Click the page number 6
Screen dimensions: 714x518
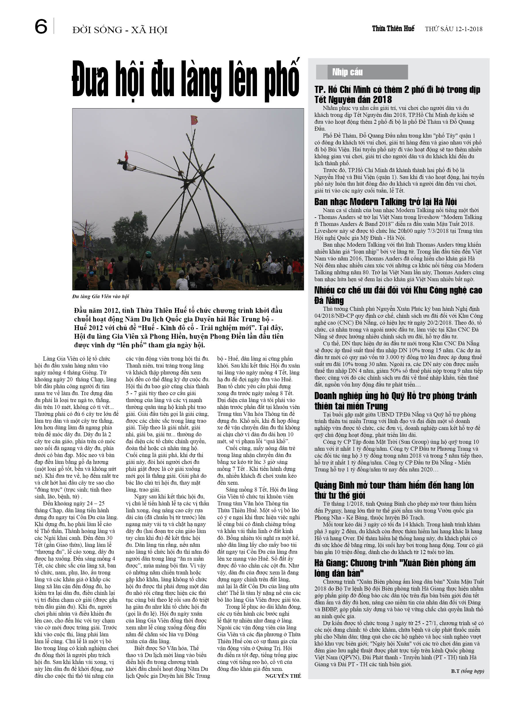click(x=41, y=26)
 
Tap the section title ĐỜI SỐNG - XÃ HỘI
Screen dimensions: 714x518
click(x=120, y=30)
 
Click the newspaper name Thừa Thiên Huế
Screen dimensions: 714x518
click(x=393, y=29)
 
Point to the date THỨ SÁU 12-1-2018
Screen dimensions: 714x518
click(x=454, y=29)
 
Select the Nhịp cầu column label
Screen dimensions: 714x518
click(x=347, y=72)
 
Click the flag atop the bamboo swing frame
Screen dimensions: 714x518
click(x=194, y=120)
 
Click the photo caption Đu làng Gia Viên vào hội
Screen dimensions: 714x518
click(x=101, y=296)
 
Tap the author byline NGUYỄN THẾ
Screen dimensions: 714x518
click(x=283, y=676)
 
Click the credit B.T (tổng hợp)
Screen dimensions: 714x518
click(x=467, y=671)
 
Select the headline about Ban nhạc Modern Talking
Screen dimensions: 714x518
click(x=385, y=202)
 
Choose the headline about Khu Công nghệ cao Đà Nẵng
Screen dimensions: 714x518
click(x=398, y=295)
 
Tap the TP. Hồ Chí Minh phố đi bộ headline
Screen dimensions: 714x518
click(x=397, y=94)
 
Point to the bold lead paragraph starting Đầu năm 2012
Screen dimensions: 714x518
click(x=179, y=328)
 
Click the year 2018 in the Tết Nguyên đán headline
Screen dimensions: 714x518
click(x=382, y=100)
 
